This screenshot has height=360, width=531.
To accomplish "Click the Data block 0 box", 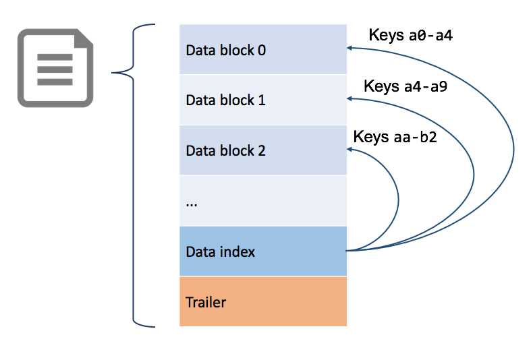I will click(x=262, y=49).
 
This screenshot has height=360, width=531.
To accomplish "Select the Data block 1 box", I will click(x=262, y=100).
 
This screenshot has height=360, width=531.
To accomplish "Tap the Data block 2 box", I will click(x=262, y=150).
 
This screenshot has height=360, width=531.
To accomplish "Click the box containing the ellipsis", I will click(x=262, y=201).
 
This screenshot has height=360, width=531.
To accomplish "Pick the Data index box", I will click(x=262, y=251).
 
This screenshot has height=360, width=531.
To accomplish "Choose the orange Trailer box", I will click(x=262, y=301).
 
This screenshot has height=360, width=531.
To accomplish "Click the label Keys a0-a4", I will click(x=410, y=35).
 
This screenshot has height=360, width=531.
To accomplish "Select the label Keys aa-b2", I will click(x=395, y=138).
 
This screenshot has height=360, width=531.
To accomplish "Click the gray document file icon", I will click(x=55, y=67).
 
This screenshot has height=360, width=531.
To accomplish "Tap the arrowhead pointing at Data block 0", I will click(x=350, y=49).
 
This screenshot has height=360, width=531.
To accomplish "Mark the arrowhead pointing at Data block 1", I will click(x=350, y=99).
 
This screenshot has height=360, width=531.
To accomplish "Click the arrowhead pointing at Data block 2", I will click(x=350, y=150).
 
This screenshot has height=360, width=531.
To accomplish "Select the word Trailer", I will click(x=206, y=302).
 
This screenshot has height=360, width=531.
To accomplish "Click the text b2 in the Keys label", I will click(x=428, y=138).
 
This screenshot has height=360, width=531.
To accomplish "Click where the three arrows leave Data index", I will click(x=347, y=251).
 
